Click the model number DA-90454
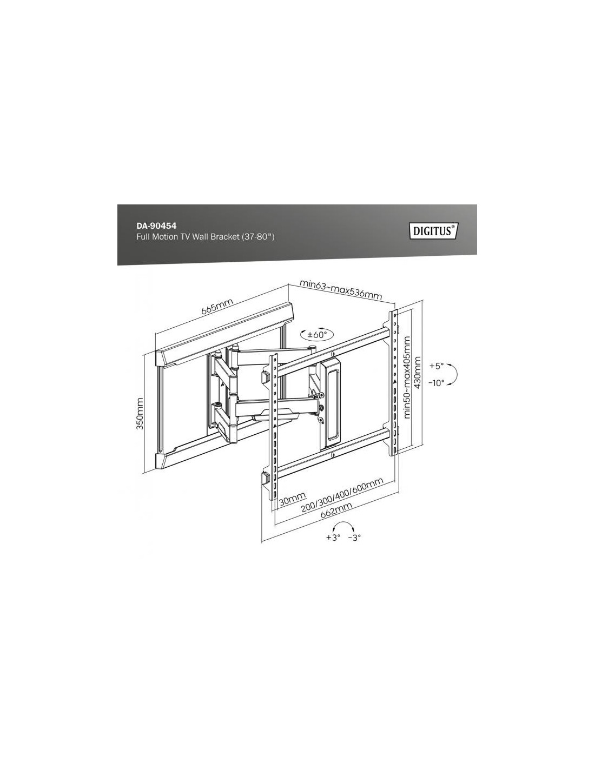click(156, 226)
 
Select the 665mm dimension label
click(217, 307)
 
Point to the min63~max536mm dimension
click(341, 289)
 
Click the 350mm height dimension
click(140, 414)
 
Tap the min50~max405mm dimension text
click(407, 377)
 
